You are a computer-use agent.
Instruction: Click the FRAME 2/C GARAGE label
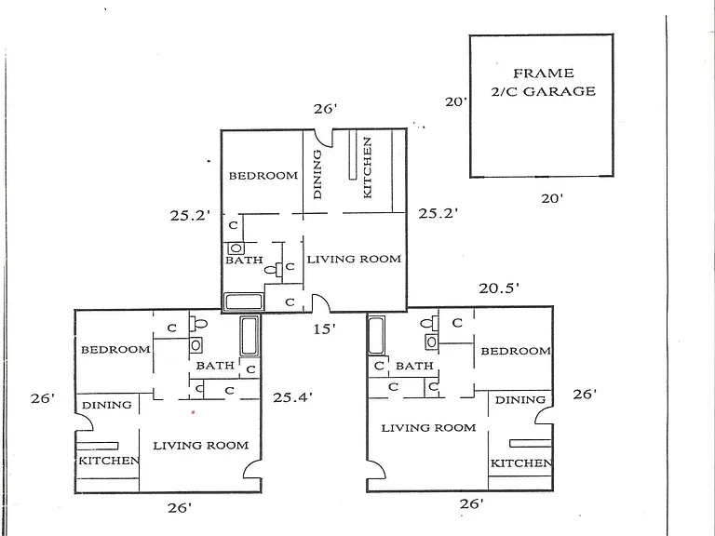click(x=543, y=83)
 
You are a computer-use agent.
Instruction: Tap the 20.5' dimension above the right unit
click(x=499, y=288)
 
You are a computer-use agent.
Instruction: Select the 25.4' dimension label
click(x=292, y=397)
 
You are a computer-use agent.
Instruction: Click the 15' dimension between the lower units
click(x=324, y=328)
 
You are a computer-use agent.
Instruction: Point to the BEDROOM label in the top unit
click(x=263, y=176)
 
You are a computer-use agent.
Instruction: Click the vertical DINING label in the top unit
click(x=317, y=175)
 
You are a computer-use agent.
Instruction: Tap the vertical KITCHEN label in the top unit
click(x=367, y=167)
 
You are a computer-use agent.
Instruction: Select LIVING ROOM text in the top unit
click(x=354, y=260)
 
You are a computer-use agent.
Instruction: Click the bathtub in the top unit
click(x=244, y=302)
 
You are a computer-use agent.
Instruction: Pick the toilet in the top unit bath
click(x=273, y=269)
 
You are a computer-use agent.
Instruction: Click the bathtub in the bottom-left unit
click(x=250, y=336)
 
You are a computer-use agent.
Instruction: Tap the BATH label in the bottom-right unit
click(x=414, y=366)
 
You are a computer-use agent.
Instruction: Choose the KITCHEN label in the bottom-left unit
click(x=109, y=461)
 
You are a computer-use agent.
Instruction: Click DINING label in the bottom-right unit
click(x=520, y=400)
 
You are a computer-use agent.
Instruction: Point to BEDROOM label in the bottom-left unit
click(x=115, y=350)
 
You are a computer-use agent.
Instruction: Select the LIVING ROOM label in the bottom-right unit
click(x=428, y=428)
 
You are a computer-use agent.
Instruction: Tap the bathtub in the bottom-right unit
click(x=376, y=335)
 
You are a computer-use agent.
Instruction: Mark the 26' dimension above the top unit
click(x=325, y=109)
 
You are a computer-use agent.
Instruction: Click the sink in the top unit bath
click(x=236, y=248)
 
